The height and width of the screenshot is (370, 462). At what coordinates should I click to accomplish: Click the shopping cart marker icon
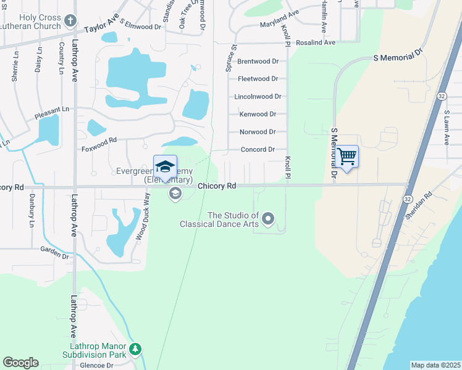point(347,157)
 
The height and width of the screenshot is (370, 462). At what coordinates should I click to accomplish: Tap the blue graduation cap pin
point(165,166)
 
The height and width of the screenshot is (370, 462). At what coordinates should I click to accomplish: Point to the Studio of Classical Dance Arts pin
point(268,218)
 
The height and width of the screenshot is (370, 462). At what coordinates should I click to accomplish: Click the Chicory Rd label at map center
point(217,186)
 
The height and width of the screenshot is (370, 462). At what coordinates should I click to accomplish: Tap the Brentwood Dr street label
point(258,62)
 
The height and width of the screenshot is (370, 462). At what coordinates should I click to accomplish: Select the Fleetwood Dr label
point(258,79)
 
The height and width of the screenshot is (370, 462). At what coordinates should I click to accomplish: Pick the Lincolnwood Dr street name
point(258,97)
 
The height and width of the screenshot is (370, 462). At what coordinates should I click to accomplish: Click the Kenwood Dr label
point(258,114)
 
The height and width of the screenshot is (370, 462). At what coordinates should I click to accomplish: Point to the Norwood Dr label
point(258,132)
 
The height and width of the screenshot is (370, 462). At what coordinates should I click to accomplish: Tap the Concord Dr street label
point(258,149)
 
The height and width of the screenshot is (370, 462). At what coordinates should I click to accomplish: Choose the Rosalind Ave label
point(315,43)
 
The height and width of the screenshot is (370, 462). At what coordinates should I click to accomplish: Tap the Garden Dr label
point(54,252)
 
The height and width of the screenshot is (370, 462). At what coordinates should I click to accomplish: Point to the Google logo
point(20,363)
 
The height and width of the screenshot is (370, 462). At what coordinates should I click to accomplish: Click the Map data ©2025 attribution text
point(435,365)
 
